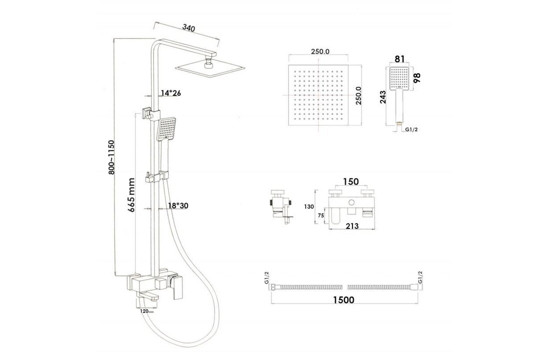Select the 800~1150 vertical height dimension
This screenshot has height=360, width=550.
coord(112,157)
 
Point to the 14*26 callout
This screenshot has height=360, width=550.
coord(170,93)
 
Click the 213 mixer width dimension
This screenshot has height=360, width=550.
coord(351,226)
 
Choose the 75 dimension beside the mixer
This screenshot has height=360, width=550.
coord(321,215)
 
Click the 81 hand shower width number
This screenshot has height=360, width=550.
coord(400,59)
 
